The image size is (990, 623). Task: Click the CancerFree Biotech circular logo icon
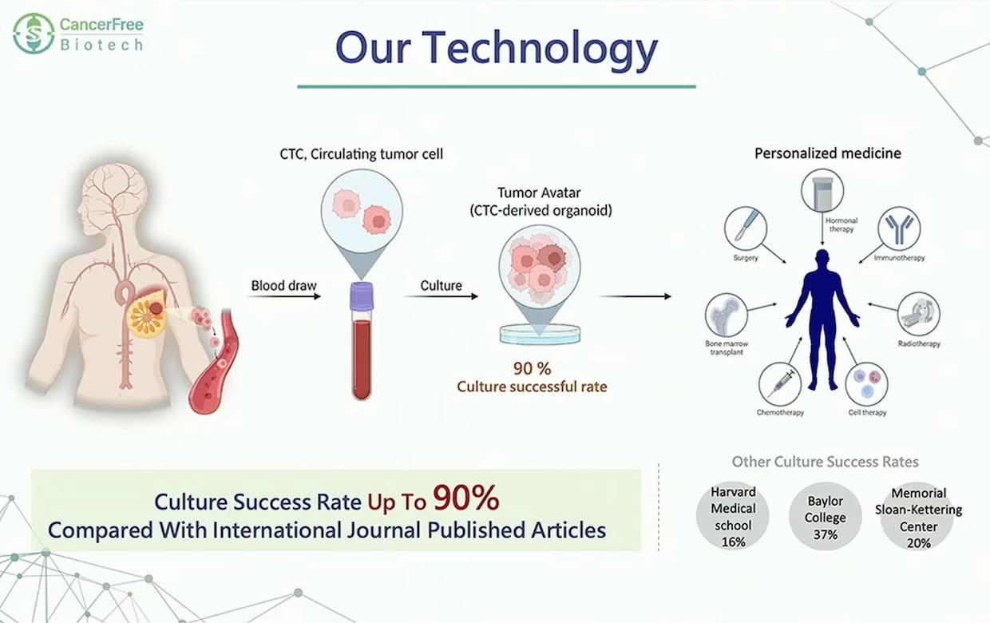pos(34,34)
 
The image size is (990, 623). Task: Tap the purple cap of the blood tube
pos(362,296)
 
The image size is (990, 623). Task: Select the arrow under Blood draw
pos(284,296)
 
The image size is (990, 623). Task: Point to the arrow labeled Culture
pos(441,296)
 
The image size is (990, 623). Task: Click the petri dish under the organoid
pos(540,335)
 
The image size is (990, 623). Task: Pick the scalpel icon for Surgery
pos(746,228)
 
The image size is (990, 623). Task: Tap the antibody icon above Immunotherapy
pos(900,228)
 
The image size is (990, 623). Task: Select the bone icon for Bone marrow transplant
pos(727,315)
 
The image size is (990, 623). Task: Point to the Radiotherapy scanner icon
pos(919,313)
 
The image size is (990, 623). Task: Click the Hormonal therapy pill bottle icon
pos(822,191)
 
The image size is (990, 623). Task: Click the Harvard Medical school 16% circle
pos(733,516)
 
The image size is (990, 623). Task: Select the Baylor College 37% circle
pos(826,516)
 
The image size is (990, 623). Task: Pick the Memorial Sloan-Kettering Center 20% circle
pos(918,516)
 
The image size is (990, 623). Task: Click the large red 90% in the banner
pos(466,498)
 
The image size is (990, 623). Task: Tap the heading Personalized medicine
pos(827,153)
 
